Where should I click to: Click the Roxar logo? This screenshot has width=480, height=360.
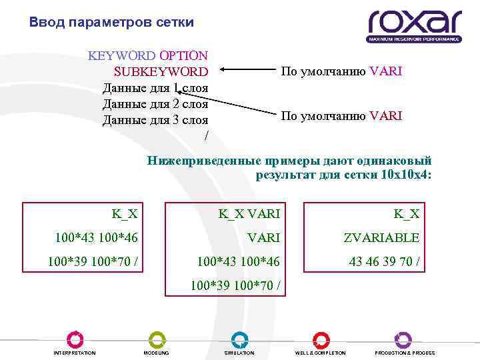coord(414,25)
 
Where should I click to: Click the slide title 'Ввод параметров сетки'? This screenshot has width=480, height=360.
coord(112,23)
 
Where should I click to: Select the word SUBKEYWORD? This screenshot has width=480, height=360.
coord(161,71)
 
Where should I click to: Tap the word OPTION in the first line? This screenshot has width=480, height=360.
coord(183,55)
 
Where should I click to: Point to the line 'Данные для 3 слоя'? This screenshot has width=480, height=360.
coord(155,120)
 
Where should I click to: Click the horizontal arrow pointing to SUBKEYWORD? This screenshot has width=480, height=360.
coord(247,70)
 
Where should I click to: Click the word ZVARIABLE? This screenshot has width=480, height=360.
coord(381,238)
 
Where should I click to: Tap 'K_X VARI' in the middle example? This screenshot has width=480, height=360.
coord(249,214)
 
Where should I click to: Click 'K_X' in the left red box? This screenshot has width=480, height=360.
coord(125,214)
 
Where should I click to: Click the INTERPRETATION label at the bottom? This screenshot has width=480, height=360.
coord(75,353)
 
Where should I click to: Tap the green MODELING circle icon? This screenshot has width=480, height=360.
coord(157,339)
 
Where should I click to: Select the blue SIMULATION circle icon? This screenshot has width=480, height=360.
coord(239,339)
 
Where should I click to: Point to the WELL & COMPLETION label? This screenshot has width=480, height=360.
coord(320,353)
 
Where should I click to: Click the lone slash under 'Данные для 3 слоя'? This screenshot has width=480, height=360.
coord(206,136)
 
